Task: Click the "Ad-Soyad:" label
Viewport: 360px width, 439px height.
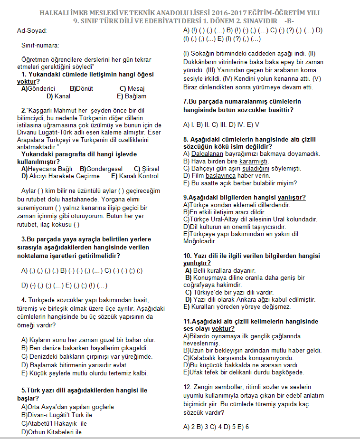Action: pos(32,30)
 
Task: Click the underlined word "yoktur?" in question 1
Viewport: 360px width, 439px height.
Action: pos(28,81)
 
